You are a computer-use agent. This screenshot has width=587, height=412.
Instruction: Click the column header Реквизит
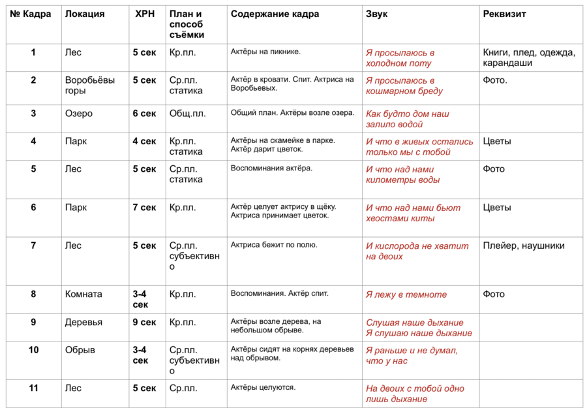(504, 14)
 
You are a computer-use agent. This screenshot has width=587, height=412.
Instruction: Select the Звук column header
(376, 14)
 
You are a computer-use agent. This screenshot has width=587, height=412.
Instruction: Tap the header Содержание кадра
(275, 14)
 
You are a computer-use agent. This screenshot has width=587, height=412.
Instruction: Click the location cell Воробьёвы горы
(90, 85)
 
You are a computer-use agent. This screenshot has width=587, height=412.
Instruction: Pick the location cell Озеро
(79, 114)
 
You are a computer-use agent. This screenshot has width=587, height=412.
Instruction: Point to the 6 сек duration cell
(145, 114)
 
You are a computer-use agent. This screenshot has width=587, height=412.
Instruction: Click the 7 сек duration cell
(145, 208)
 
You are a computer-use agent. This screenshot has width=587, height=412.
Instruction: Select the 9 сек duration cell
(145, 322)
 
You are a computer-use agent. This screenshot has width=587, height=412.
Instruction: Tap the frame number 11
(34, 388)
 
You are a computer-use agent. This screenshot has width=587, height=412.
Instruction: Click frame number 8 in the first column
(33, 294)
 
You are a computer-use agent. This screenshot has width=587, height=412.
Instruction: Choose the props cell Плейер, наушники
(523, 246)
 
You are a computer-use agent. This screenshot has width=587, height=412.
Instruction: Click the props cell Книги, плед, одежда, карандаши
(529, 57)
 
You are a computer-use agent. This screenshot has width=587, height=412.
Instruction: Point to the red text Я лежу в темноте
(406, 294)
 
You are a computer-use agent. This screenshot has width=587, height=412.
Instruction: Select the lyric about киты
(413, 213)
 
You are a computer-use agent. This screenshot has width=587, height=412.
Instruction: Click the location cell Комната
(83, 294)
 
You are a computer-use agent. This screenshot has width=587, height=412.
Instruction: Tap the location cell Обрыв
(80, 350)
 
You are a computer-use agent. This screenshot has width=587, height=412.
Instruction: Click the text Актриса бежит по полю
(274, 245)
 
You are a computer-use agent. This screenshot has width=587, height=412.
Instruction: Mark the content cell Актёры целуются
(263, 387)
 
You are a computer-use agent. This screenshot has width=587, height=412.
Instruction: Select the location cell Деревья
(83, 323)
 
